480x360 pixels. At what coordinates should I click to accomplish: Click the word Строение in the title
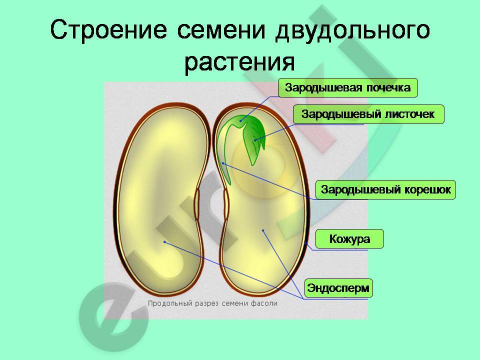click(108, 30)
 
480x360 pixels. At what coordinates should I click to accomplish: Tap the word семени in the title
click(221, 30)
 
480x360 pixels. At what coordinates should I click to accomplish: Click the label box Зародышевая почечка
click(348, 88)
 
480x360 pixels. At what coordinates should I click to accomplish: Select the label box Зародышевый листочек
click(368, 114)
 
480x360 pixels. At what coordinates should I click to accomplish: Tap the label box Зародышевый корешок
click(385, 190)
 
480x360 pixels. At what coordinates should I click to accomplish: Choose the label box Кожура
click(349, 239)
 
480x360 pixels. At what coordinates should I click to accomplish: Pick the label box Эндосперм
click(338, 288)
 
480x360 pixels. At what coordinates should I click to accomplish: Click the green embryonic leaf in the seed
click(253, 141)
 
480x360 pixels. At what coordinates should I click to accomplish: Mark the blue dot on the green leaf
click(254, 140)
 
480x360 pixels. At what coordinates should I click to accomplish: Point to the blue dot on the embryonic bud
click(240, 120)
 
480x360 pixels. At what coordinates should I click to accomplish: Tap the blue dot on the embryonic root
click(223, 163)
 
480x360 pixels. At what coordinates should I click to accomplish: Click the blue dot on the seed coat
click(306, 243)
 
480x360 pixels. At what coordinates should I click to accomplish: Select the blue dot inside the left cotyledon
click(164, 242)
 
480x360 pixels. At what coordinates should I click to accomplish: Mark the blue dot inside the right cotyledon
click(263, 230)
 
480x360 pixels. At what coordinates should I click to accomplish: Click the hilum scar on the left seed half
click(197, 204)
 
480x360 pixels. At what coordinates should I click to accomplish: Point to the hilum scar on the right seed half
click(226, 204)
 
